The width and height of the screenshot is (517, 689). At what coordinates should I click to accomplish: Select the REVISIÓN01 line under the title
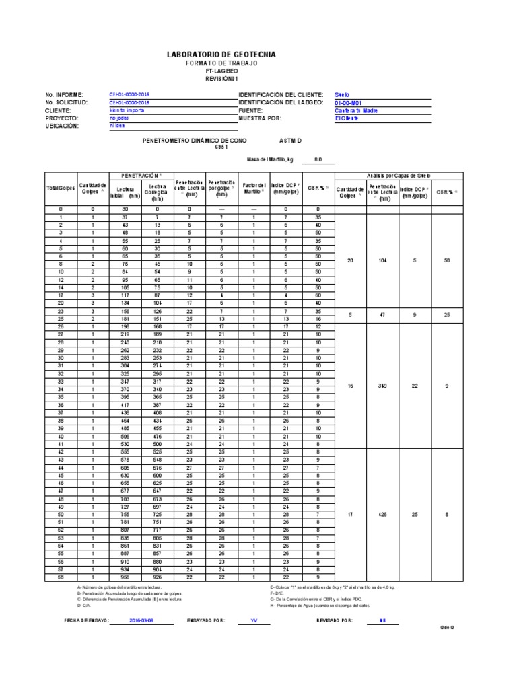(221, 79)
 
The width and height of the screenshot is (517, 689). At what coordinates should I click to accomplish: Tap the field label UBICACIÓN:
(63, 126)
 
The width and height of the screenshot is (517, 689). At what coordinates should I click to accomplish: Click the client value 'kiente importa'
(127, 110)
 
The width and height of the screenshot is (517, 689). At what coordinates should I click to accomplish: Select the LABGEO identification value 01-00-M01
(349, 102)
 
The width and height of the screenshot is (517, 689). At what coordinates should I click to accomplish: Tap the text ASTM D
(291, 141)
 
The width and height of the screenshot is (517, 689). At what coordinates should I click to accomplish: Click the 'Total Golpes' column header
(60, 186)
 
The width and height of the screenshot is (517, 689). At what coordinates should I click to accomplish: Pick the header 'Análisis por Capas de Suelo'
(397, 175)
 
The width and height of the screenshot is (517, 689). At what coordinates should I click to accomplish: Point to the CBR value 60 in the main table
(318, 295)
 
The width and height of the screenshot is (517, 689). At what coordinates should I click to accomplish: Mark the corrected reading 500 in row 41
(156, 444)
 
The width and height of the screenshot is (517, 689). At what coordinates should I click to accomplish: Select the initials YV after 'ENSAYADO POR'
(254, 620)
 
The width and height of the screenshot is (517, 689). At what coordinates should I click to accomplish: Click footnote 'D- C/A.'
(84, 606)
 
